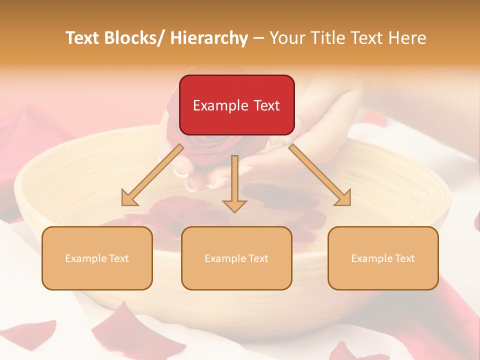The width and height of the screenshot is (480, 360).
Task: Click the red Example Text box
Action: pyautogui.click(x=236, y=105)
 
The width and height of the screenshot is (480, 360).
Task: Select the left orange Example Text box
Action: pyautogui.click(x=97, y=258)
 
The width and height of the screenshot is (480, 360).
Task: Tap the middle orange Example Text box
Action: pyautogui.click(x=236, y=258)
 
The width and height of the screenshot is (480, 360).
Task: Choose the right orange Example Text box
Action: pyautogui.click(x=383, y=258)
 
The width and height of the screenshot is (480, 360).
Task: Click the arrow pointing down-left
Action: pyautogui.click(x=152, y=175)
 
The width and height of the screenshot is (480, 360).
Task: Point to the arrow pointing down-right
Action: pyautogui.click(x=320, y=175)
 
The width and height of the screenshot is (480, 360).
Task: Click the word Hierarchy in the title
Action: pyautogui.click(x=209, y=38)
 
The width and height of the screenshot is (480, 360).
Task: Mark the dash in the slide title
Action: pyautogui.click(x=258, y=38)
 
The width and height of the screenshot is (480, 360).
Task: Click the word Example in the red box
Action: pyautogui.click(x=220, y=105)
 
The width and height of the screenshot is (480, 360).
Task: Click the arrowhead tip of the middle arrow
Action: pyautogui.click(x=234, y=211)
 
